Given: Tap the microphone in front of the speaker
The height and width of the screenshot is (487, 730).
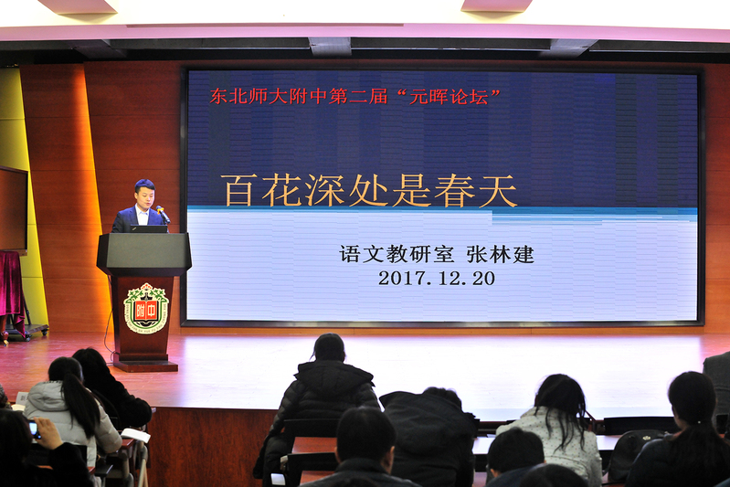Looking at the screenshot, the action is pos(163,214).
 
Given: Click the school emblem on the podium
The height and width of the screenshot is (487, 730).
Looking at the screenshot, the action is pos(146,308).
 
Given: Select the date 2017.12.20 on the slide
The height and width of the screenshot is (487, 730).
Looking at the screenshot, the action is pos(437,279).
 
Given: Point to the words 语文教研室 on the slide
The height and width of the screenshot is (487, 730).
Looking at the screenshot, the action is pos(397,254).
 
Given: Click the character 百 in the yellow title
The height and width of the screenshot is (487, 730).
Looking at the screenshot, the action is pos(238,190).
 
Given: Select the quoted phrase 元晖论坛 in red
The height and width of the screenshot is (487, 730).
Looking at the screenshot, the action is pos(449,97).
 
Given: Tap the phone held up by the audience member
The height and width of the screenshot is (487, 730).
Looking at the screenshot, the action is pos(34,429).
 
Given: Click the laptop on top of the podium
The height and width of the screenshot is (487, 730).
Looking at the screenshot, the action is pos(149,229).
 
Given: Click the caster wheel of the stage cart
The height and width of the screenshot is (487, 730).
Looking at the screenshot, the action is pos(5,338).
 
